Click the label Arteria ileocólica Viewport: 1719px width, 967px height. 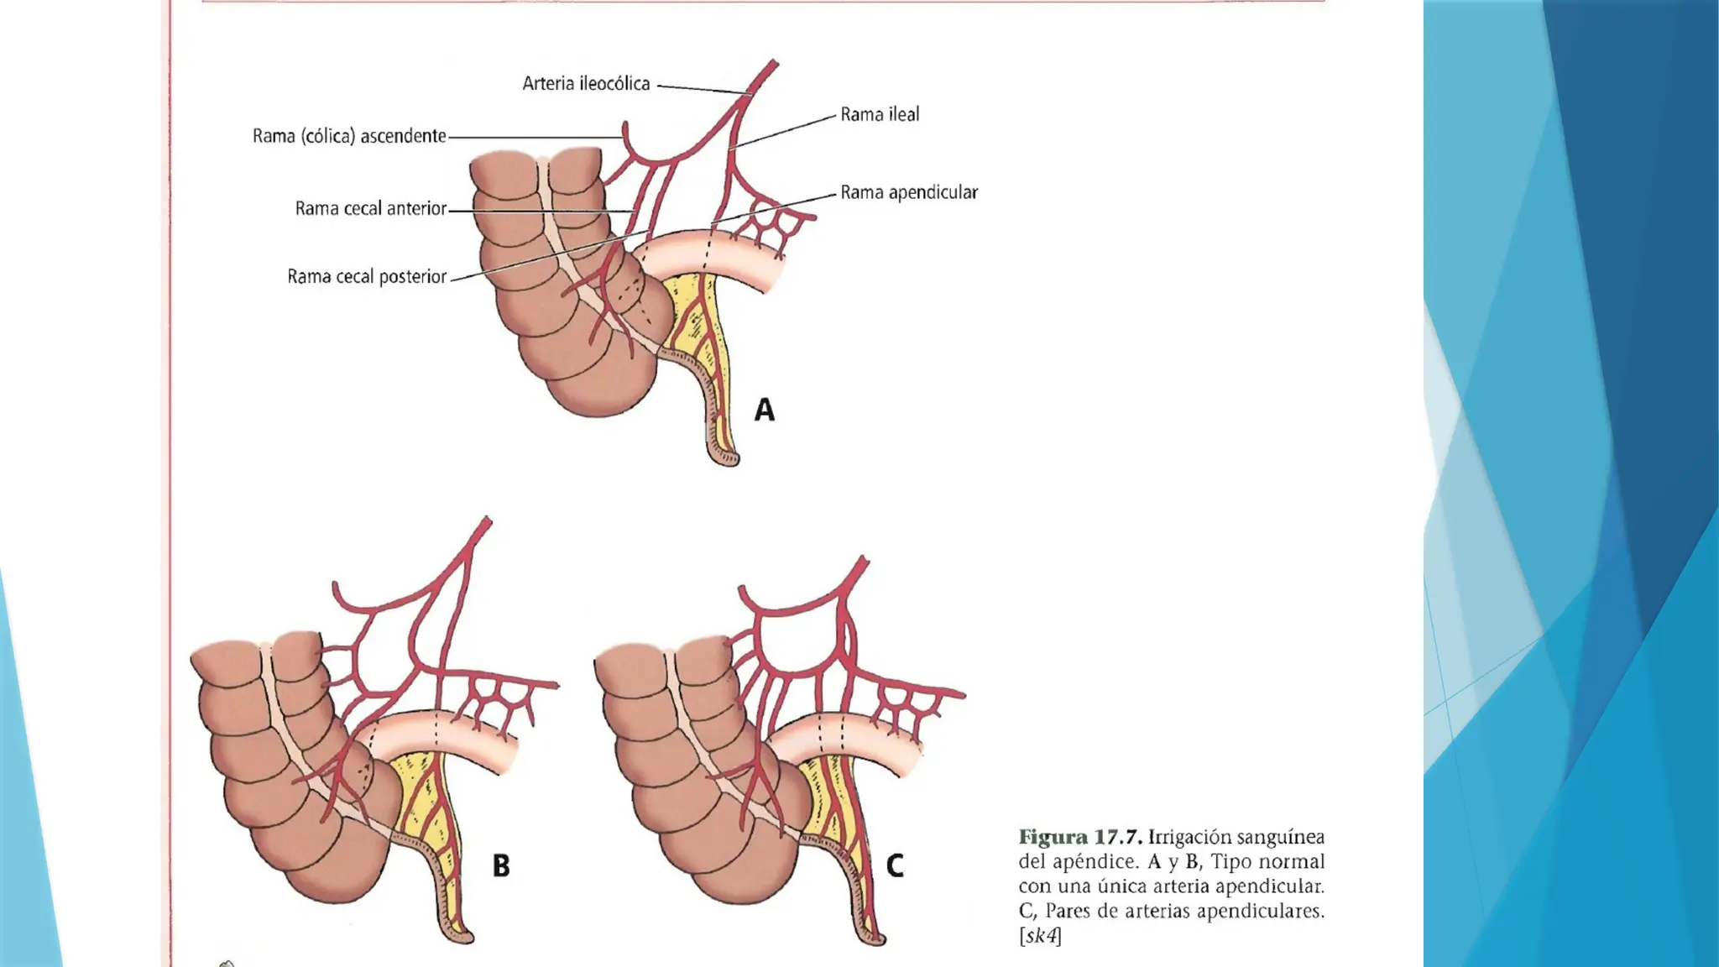[586, 83]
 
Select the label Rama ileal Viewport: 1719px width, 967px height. [880, 114]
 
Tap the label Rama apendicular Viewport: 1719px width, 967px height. [909, 192]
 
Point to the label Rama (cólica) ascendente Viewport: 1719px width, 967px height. [349, 136]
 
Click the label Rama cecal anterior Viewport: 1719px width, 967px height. [370, 208]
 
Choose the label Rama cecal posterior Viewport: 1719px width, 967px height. [367, 276]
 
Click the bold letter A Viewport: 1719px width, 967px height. [764, 410]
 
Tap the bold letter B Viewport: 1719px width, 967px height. [501, 865]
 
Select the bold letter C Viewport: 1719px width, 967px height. [895, 865]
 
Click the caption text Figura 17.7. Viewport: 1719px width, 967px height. [1080, 837]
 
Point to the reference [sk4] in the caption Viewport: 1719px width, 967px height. [1040, 935]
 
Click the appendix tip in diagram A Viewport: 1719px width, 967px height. [727, 457]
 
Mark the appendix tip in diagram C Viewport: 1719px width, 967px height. [873, 938]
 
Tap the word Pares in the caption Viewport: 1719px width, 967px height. [1068, 911]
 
